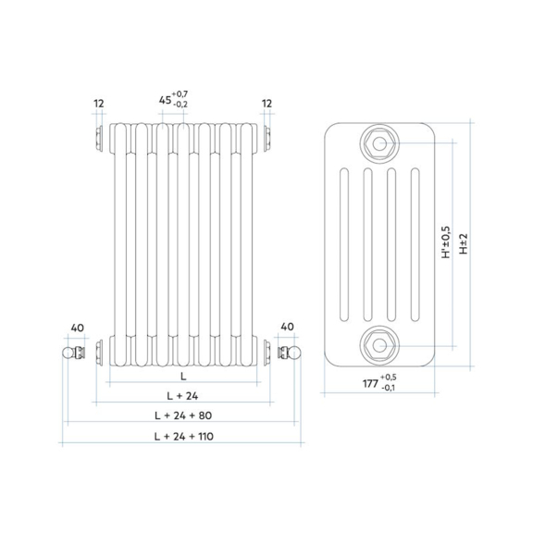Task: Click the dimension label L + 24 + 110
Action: pyautogui.click(x=184, y=436)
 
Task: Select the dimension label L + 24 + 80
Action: pyautogui.click(x=183, y=415)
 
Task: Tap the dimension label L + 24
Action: pyautogui.click(x=182, y=396)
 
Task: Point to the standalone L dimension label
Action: pyautogui.click(x=183, y=376)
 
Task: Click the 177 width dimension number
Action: pyautogui.click(x=370, y=383)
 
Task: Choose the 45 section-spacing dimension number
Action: pyautogui.click(x=166, y=100)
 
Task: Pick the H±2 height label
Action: pyautogui.click(x=464, y=243)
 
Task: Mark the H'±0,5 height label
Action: pyautogui.click(x=446, y=242)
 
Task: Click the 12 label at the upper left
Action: pyautogui.click(x=99, y=104)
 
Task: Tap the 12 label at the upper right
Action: pyautogui.click(x=266, y=104)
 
